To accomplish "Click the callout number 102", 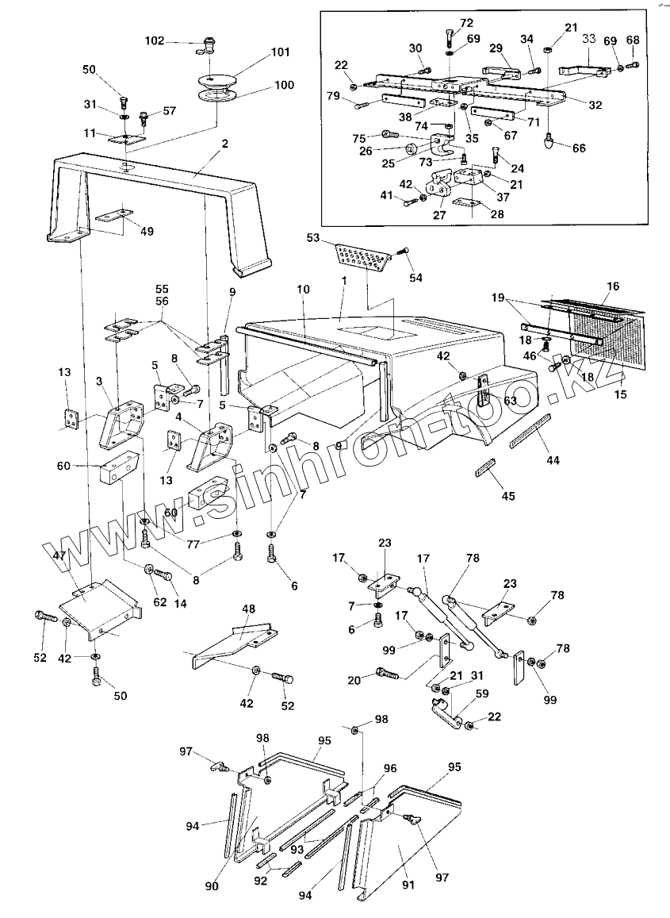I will (155, 41).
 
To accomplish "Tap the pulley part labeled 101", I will (218, 80).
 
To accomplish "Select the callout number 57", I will (170, 111).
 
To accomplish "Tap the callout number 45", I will (508, 496).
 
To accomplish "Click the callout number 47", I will (59, 556).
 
